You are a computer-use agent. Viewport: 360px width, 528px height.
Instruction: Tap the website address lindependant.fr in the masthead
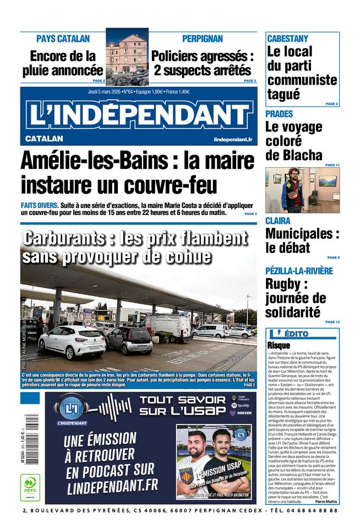[233, 139]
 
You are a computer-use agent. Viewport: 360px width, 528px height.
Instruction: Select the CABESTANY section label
[287, 39]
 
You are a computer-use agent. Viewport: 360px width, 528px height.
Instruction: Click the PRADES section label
[279, 114]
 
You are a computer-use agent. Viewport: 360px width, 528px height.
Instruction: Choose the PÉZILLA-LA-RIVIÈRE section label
[299, 271]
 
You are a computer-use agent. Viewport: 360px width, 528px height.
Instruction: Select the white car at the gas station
[72, 340]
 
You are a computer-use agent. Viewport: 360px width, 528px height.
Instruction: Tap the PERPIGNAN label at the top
[203, 38]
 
